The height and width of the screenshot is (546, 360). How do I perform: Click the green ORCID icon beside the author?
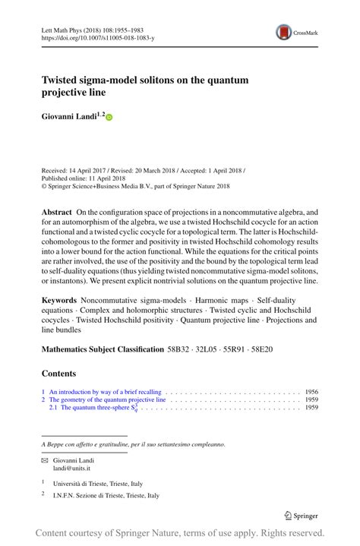pos(108,118)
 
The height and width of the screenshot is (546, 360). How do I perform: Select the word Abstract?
pos(58,212)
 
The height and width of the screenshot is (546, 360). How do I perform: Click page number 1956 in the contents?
pos(311,392)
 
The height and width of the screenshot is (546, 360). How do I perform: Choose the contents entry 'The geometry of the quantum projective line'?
pos(108,399)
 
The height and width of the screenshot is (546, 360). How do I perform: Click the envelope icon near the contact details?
pos(44,461)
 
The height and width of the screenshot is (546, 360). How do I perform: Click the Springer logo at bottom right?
pos(300,516)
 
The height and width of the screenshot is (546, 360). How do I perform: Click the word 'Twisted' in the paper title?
pos(61,79)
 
